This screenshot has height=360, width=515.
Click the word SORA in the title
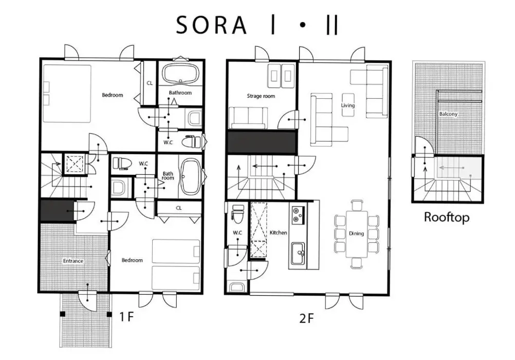click(212, 25)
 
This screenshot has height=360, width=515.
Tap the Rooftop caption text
click(446, 218)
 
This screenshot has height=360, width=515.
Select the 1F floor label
click(126, 317)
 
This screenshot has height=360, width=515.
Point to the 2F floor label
click(307, 318)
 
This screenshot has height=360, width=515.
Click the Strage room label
click(261, 96)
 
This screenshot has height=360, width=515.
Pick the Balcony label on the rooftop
click(448, 114)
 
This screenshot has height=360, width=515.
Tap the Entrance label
click(73, 261)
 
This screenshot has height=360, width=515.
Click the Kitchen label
click(278, 232)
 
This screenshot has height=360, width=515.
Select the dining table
click(356, 234)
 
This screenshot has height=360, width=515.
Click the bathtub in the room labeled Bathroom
click(181, 74)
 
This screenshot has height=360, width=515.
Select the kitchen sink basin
click(298, 253)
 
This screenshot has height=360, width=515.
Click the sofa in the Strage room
click(247, 118)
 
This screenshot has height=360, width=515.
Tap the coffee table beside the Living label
click(348, 104)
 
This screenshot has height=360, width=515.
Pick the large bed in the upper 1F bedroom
click(67, 94)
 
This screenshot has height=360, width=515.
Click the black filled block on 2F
click(262, 142)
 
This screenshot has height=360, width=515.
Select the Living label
click(348, 105)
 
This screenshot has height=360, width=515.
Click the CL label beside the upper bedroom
click(150, 83)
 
